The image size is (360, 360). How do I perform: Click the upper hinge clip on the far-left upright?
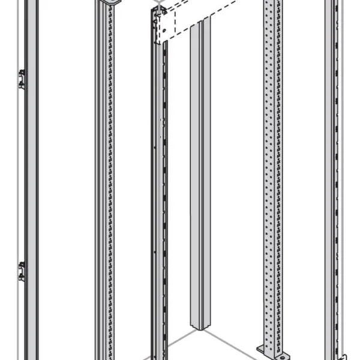22,79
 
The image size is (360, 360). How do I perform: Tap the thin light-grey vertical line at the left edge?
3,180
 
